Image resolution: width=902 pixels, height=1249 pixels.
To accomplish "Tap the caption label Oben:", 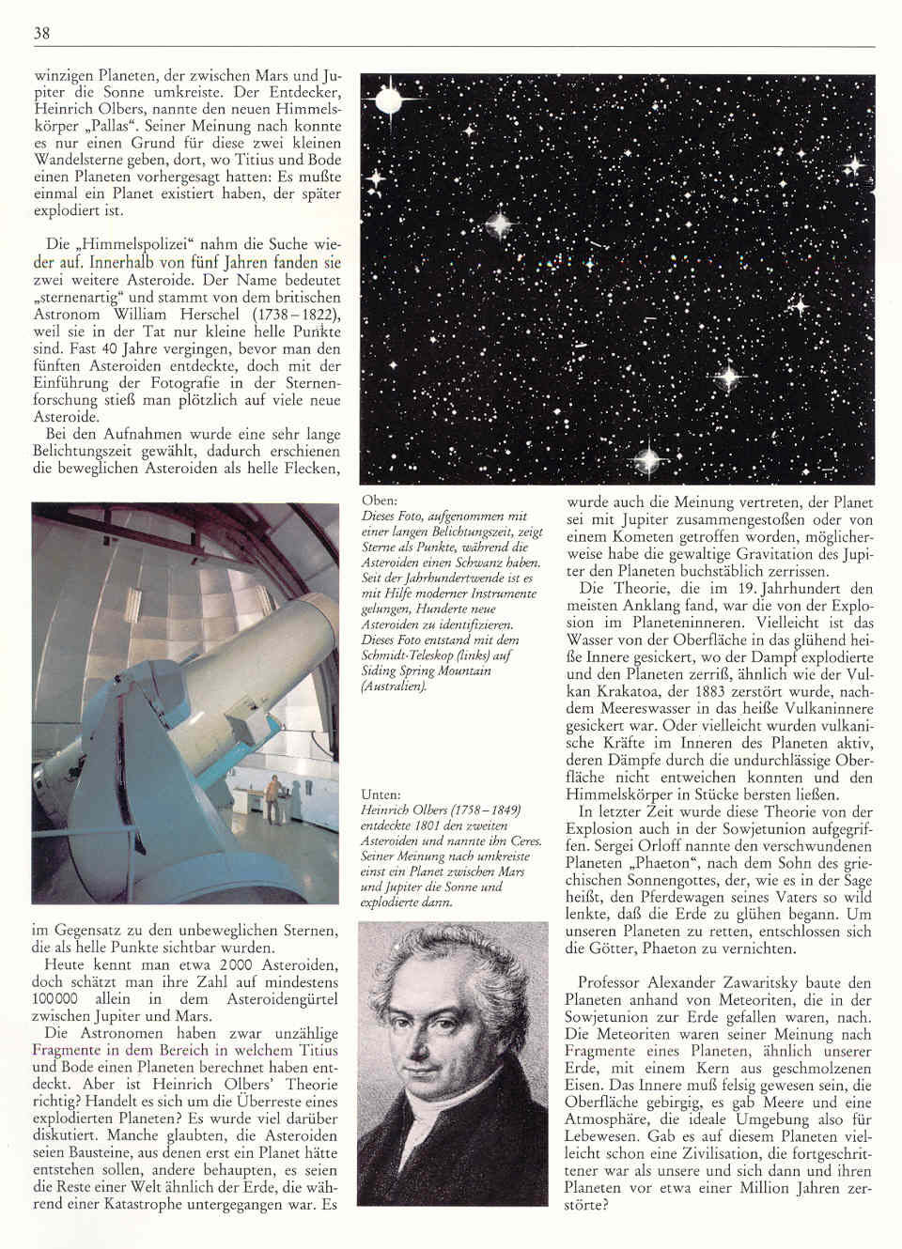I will click(x=379, y=501).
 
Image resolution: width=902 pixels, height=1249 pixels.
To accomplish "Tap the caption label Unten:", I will click(x=381, y=794).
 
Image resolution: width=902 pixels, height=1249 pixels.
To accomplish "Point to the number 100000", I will click(x=58, y=998).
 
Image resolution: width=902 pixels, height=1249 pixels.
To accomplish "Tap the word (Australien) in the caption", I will click(x=394, y=686).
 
